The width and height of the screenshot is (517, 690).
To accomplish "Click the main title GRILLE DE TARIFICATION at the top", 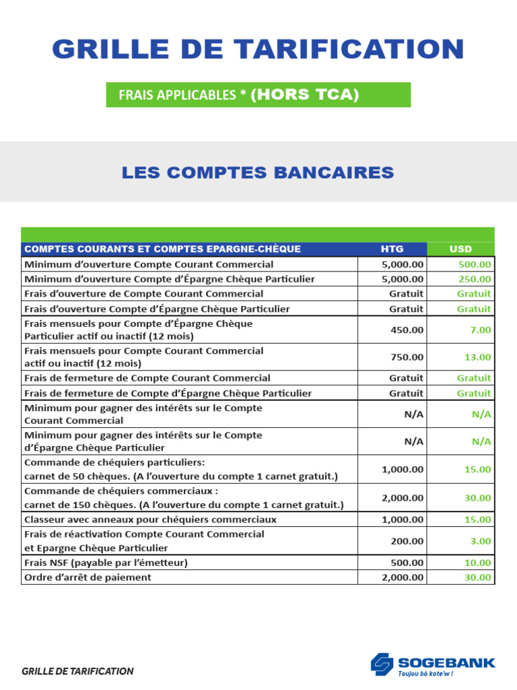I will click(x=258, y=49).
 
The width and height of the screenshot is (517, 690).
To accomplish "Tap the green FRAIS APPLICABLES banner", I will click(x=258, y=95).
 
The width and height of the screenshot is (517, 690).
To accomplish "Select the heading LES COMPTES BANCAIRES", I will click(x=258, y=172).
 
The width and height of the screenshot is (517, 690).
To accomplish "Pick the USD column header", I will click(x=460, y=249).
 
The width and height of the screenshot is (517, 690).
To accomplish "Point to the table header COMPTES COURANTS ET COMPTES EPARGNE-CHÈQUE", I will click(x=162, y=249).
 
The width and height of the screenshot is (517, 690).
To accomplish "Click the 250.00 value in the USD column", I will click(x=475, y=279).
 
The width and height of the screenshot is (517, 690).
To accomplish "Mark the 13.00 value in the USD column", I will click(x=478, y=357).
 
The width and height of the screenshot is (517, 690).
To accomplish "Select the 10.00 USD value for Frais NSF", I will click(x=478, y=563).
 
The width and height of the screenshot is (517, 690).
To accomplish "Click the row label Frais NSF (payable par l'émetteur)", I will click(x=106, y=563).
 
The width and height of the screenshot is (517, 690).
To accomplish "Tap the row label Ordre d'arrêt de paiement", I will click(x=88, y=577).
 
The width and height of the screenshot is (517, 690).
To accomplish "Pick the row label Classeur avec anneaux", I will click(x=150, y=520).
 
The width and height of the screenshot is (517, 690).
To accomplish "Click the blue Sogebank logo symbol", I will click(x=382, y=663).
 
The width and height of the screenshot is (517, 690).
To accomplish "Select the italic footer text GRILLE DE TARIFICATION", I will click(x=77, y=671).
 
